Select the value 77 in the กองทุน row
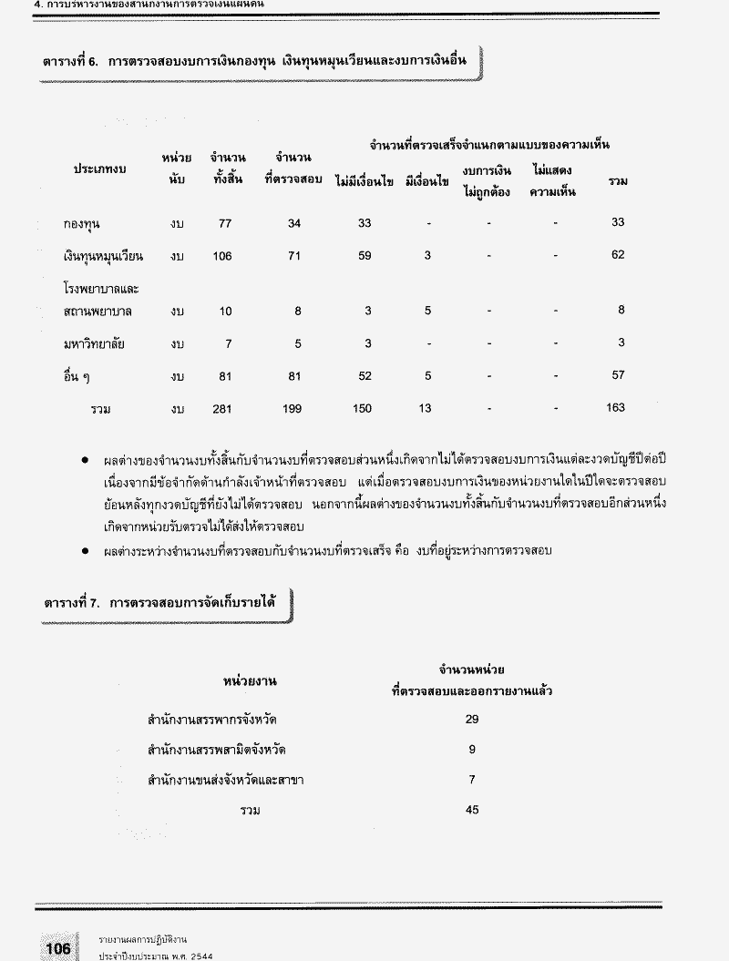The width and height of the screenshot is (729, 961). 225,222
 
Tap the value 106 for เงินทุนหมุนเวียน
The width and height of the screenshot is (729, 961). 222,256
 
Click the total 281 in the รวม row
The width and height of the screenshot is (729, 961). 222,409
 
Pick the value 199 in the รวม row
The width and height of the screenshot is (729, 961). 292,409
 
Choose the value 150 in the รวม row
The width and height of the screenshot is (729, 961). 362,409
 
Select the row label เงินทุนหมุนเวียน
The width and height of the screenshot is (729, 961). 104,256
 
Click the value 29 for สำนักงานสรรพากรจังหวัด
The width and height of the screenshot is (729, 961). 471,719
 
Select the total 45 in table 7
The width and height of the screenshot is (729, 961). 471,809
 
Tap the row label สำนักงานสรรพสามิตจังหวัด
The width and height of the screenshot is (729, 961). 221,750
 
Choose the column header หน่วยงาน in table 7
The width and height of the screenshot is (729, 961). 250,680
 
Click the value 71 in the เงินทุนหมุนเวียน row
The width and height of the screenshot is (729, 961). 293,256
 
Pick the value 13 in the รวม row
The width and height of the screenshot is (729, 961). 426,409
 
